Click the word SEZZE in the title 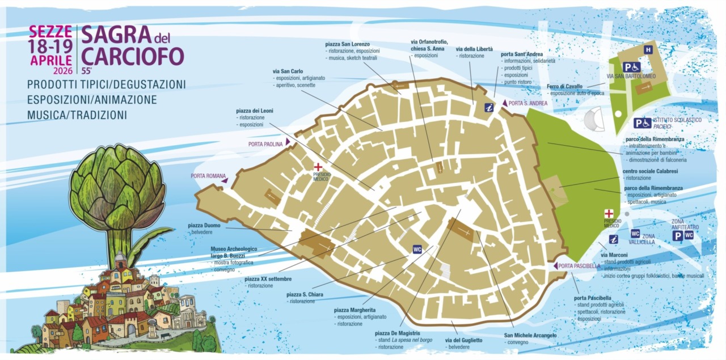click(51, 32)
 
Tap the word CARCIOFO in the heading click(133, 56)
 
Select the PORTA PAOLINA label click(265, 144)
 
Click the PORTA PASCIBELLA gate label click(579, 266)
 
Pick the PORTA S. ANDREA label click(527, 103)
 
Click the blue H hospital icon click(648, 50)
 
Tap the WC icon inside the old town click(417, 249)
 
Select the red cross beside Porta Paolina click(318, 167)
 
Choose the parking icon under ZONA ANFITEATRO click(677, 235)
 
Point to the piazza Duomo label click(204, 225)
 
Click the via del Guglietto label click(463, 340)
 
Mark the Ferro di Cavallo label click(564, 86)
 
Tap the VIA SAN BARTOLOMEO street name click(631, 76)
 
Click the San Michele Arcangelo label click(530, 335)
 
